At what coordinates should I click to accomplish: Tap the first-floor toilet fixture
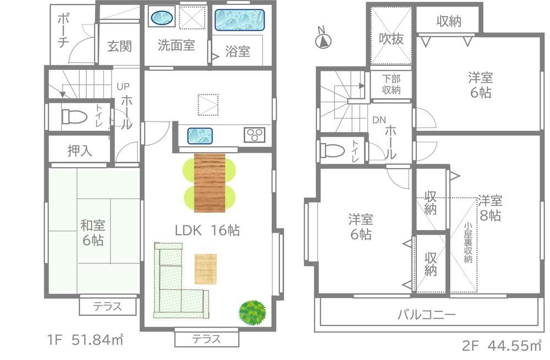point(74,117)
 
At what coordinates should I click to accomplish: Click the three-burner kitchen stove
point(254,135)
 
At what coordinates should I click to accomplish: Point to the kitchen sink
point(200,136)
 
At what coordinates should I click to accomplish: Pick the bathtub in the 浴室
point(240,20)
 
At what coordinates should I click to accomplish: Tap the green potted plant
point(252,312)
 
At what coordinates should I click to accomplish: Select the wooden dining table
point(210,182)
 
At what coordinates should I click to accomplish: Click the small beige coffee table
point(206,269)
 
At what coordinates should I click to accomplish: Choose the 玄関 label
point(119,46)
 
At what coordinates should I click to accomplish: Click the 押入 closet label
point(80,151)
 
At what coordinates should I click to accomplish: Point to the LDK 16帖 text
point(207,230)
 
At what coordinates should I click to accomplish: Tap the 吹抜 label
point(391,38)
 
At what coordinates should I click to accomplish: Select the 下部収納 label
point(391,84)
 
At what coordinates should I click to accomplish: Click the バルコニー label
point(427,314)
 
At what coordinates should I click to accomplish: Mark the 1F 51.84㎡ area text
point(85,340)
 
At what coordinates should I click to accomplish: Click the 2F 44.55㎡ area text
point(502,346)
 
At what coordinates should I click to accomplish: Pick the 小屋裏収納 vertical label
point(468,242)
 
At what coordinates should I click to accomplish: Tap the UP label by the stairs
point(123,86)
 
